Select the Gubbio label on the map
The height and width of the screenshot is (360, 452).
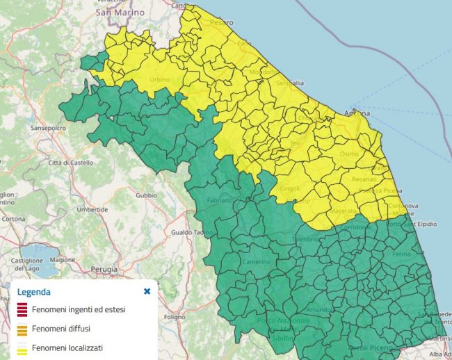146,195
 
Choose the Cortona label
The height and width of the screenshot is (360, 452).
14,218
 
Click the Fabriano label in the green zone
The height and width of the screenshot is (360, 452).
219,200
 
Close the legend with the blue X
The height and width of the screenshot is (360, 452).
147,291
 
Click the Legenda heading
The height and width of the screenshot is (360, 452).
34,292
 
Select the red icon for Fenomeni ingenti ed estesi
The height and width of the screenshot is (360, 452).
22,309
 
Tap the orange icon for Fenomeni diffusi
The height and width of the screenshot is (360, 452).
22,328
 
